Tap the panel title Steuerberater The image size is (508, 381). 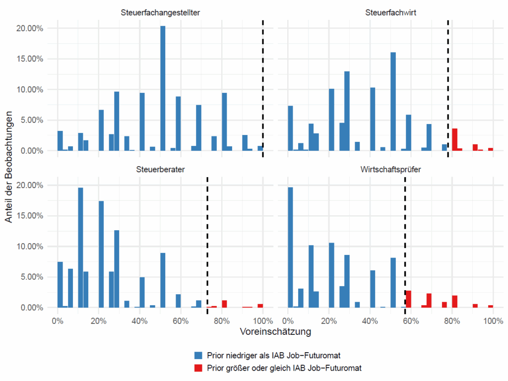point(160,169)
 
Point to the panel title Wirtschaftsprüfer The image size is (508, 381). point(390,169)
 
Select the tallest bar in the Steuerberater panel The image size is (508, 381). point(80,248)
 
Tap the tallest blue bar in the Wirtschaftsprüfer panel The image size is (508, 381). point(290,248)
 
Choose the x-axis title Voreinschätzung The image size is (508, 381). point(275,332)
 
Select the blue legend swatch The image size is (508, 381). point(198,355)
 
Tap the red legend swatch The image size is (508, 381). point(198,368)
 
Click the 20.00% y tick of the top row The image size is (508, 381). point(31,28)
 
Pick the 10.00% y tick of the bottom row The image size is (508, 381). point(31,247)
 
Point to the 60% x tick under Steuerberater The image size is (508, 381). point(181,321)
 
